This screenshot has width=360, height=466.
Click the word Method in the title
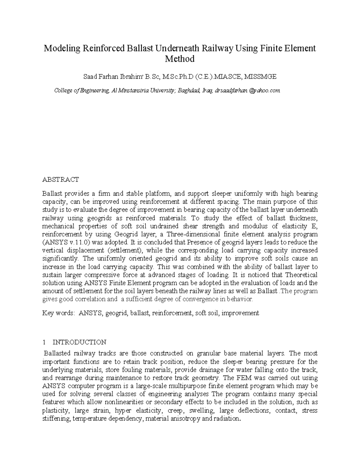[x=180, y=59]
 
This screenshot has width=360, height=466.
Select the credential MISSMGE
[x=260, y=77]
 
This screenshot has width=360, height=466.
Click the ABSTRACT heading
[x=61, y=180]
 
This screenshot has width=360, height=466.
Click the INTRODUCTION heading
[x=79, y=342]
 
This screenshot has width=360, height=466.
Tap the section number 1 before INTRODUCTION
[x=44, y=342]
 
